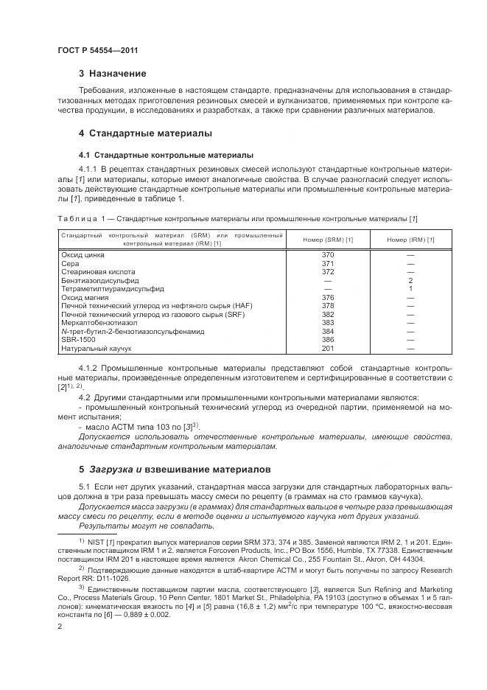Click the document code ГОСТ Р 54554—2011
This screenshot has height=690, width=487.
(x=97, y=49)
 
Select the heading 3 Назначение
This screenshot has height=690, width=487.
(x=112, y=74)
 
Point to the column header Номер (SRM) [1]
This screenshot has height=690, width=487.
(x=328, y=239)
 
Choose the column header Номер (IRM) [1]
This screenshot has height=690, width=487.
(x=410, y=239)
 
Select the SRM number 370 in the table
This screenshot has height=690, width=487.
(x=328, y=254)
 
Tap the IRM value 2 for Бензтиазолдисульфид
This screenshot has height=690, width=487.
(x=410, y=280)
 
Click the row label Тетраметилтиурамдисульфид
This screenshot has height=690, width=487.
(x=112, y=288)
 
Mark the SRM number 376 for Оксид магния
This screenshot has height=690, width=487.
(x=328, y=297)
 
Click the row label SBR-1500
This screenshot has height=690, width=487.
(x=77, y=339)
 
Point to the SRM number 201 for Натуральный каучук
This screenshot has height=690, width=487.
(x=328, y=348)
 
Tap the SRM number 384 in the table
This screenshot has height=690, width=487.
(x=328, y=331)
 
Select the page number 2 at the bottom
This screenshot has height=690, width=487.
(x=59, y=626)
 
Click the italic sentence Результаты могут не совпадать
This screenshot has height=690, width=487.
(x=136, y=526)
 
